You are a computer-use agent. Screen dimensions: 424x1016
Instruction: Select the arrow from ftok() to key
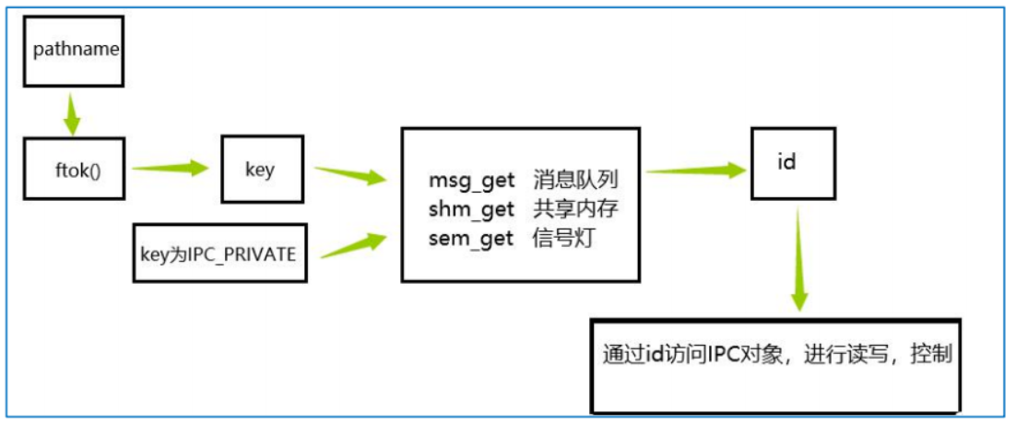[171, 169]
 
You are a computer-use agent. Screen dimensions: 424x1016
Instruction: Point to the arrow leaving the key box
[351, 175]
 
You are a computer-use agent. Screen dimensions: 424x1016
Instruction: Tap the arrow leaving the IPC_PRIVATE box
[351, 244]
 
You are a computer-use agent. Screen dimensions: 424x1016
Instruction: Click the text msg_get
[471, 180]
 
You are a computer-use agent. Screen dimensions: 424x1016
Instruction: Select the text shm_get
[471, 209]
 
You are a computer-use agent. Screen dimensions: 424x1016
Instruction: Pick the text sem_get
[471, 240]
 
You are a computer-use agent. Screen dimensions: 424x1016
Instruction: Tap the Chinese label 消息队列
[574, 180]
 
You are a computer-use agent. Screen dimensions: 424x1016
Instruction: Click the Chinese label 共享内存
[574, 209]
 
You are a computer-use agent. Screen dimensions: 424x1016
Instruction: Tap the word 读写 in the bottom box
[868, 354]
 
